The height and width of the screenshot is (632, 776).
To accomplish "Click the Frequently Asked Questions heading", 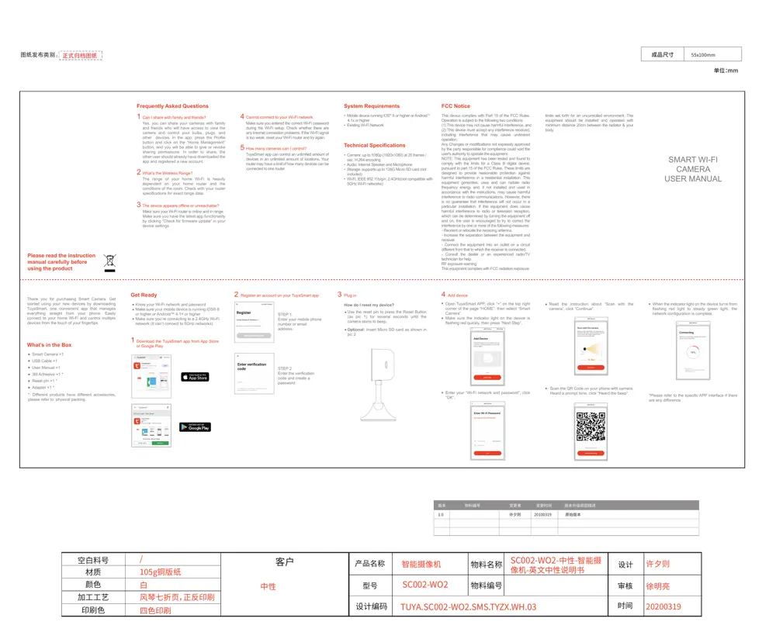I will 172,106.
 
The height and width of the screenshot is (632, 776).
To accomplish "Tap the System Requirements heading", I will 372,106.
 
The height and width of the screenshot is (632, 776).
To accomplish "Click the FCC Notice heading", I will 456,106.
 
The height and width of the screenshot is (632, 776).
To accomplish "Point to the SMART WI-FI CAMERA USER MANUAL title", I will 693,168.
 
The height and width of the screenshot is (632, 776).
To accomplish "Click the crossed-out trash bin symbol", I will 110,261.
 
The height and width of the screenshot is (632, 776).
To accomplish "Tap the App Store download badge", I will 195,377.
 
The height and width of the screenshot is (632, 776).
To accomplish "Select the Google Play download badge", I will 195,427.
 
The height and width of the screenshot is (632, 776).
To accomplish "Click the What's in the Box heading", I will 49,345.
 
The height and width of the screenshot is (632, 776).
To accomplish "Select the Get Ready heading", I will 144,295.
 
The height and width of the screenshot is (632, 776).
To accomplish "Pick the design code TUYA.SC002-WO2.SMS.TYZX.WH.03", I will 468,606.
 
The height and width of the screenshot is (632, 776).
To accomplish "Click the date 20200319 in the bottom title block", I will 663,606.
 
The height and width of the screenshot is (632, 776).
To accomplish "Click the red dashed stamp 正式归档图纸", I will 81,56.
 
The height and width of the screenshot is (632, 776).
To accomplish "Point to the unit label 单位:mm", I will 726,71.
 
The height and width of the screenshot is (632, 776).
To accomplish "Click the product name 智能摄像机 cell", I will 421,564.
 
